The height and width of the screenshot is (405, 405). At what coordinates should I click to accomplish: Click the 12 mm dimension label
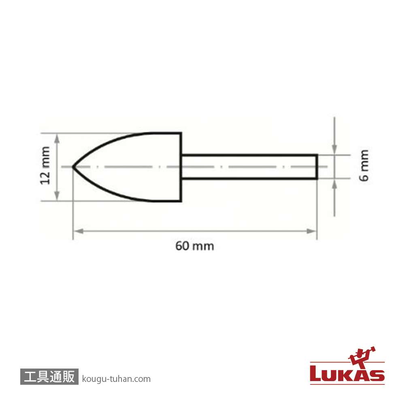[45, 166]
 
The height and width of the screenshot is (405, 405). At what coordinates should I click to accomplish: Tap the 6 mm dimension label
[364, 165]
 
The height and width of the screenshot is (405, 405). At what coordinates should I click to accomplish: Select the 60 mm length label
[195, 246]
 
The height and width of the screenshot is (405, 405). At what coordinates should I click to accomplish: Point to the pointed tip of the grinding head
[73, 167]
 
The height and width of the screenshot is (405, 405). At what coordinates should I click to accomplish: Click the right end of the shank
[317, 166]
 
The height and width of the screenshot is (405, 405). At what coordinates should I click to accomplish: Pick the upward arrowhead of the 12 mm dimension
[58, 139]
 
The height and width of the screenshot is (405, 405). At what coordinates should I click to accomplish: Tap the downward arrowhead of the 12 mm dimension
[58, 196]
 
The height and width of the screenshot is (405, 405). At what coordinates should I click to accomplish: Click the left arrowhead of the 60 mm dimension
[78, 231]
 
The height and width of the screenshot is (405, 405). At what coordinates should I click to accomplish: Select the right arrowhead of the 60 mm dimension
[311, 231]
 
